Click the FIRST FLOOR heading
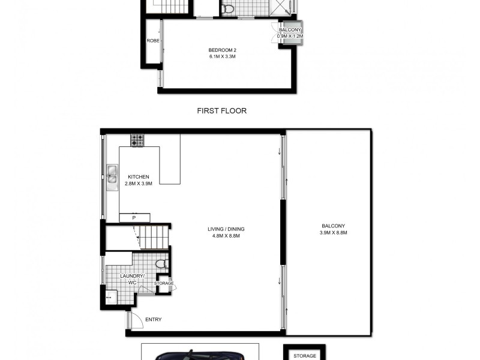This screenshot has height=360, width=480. (222, 111)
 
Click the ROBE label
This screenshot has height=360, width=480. (152, 41)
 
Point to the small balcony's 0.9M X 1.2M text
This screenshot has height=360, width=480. (290, 36)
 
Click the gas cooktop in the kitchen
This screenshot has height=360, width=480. (137, 140)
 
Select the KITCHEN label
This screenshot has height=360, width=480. (138, 177)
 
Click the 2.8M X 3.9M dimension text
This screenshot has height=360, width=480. (139, 184)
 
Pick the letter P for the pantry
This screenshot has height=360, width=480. (134, 218)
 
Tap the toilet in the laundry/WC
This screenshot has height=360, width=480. (160, 265)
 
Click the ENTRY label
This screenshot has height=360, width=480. (153, 320)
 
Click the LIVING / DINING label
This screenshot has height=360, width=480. (227, 229)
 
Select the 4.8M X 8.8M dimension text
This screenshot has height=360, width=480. (227, 236)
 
